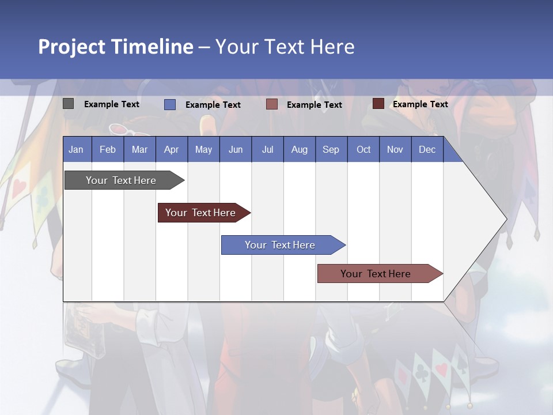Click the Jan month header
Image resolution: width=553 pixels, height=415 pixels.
77,149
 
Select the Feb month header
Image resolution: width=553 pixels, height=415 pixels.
108,149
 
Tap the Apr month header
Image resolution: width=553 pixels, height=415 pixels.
172,149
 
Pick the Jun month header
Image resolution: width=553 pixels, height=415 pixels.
236,149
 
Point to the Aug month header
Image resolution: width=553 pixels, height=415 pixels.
300,149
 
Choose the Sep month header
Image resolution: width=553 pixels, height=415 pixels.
331,149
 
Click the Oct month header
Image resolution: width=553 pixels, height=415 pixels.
363,149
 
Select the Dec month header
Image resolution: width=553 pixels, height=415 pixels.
427,149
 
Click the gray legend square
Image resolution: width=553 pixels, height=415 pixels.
69,104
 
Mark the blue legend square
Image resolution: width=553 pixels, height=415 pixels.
170,104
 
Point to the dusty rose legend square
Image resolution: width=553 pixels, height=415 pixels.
272,104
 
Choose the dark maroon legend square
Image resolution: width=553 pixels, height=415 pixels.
378,104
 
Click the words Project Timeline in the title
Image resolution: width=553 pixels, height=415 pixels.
116,47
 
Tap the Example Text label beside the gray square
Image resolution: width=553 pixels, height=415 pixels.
112,104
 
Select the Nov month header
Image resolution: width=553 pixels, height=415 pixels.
395,149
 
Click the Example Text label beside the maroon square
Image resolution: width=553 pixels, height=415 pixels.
421,104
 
